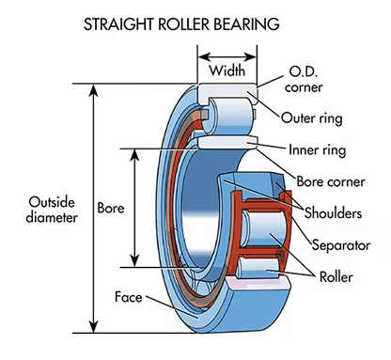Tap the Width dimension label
tap(226, 70)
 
